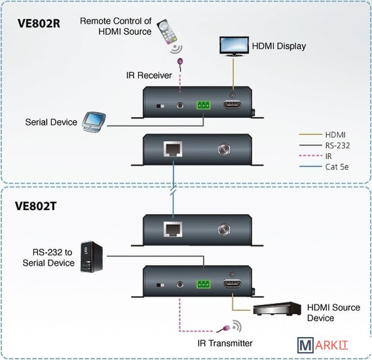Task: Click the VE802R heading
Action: [x=39, y=24]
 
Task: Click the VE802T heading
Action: [x=36, y=206]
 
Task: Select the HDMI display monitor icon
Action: [x=234, y=46]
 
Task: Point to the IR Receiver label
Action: [x=149, y=75]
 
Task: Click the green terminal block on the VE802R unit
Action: [x=204, y=105]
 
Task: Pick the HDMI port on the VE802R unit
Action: [x=232, y=105]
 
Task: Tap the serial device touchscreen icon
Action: [x=94, y=122]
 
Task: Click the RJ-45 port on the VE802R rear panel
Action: [x=173, y=149]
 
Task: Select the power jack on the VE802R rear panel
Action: [x=224, y=150]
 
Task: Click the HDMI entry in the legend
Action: [x=322, y=135]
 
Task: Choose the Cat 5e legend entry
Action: [x=324, y=167]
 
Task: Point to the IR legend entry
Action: [x=315, y=156]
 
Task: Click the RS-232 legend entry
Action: [x=324, y=145]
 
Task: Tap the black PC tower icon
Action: [x=92, y=257]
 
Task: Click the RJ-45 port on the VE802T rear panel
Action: [x=173, y=229]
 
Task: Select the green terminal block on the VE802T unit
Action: [x=204, y=284]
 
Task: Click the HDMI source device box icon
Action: [x=277, y=308]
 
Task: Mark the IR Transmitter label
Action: [x=225, y=343]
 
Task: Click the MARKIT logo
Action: [x=323, y=345]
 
